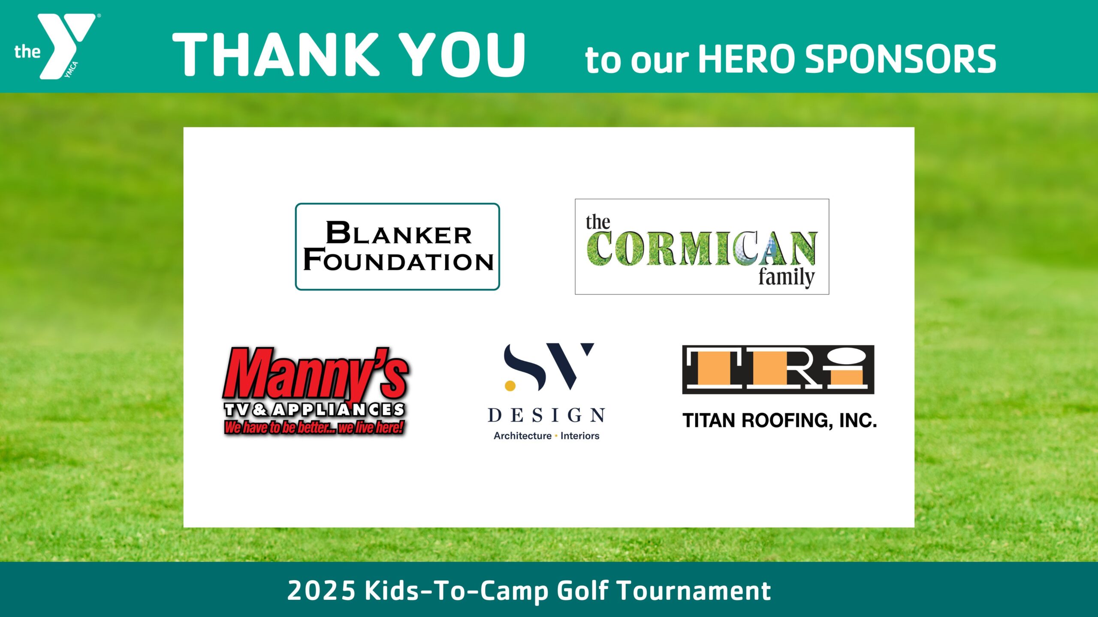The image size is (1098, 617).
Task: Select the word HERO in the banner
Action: (x=747, y=59)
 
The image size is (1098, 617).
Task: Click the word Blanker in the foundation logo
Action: (x=399, y=233)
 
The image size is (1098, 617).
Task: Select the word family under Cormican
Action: (x=786, y=277)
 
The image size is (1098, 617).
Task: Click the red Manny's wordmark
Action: (x=316, y=374)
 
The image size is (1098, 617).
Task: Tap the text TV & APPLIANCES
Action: (x=314, y=410)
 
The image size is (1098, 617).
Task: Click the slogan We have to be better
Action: (x=314, y=427)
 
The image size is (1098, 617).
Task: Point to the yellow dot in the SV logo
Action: (x=510, y=386)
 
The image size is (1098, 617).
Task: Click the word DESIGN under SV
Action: (x=547, y=415)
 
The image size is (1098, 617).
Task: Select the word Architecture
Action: (x=522, y=436)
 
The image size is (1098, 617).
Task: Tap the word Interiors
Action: (x=580, y=436)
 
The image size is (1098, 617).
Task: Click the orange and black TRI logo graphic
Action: (x=778, y=369)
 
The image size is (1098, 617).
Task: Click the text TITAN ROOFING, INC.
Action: (x=779, y=420)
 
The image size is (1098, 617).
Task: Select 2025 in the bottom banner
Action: (x=321, y=590)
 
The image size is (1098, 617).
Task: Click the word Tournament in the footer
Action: (x=694, y=590)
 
